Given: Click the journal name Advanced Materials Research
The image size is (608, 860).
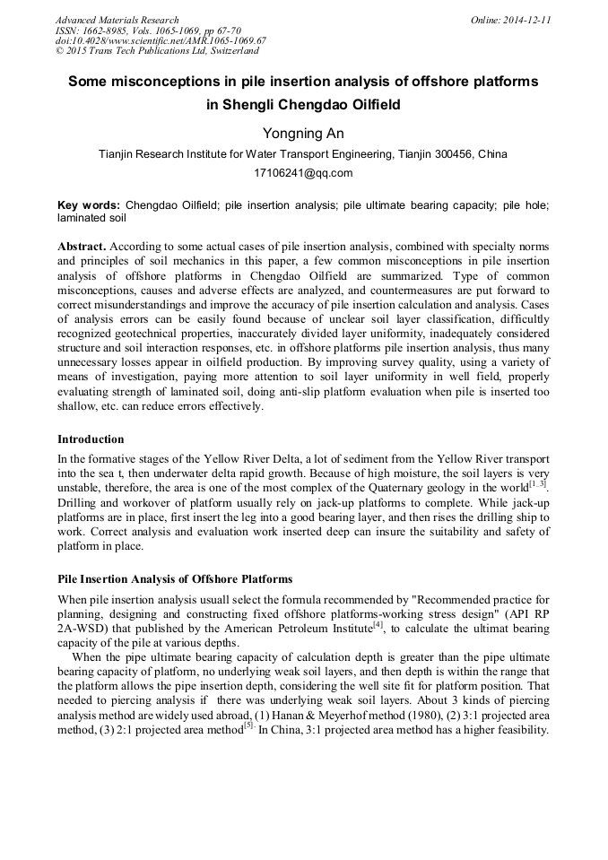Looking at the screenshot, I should (x=117, y=20).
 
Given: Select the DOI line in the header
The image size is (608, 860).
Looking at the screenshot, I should (x=161, y=40).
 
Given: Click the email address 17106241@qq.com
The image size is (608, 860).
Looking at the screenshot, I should (x=303, y=173).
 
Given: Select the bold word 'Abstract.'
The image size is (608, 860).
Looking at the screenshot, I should (x=82, y=246).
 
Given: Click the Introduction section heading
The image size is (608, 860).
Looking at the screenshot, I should (x=91, y=439).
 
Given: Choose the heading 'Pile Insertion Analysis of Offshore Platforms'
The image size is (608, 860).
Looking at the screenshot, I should (x=175, y=578).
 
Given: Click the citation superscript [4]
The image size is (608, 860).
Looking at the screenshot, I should (x=378, y=624).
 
